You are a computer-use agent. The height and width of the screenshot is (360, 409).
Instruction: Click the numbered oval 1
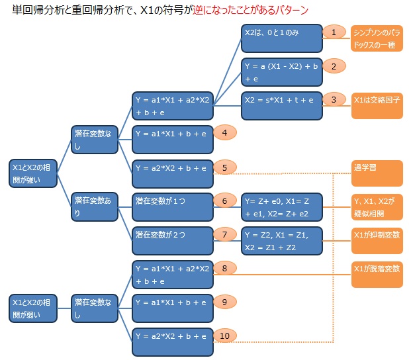tap(334, 32)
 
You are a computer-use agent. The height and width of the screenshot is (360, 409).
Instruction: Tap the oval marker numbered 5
tap(225, 167)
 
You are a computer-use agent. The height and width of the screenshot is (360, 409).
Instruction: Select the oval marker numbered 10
tap(225, 336)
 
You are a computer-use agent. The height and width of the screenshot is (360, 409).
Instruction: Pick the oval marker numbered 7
tap(225, 235)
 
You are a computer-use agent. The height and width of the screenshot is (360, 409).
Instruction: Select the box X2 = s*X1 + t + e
tap(282, 106)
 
